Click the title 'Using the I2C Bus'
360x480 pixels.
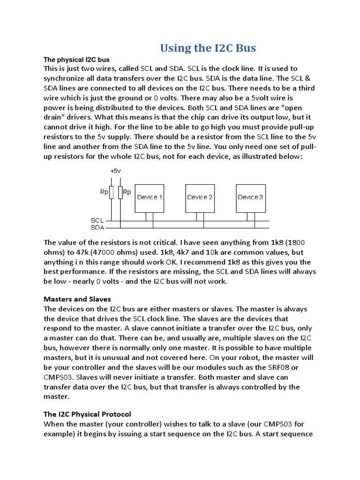tap(208, 48)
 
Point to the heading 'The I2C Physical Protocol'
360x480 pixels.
tap(87, 414)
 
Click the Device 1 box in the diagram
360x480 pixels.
tap(150, 197)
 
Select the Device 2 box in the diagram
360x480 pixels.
tap(200, 197)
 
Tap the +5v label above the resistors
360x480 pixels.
tap(115, 172)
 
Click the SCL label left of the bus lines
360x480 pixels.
tap(97, 220)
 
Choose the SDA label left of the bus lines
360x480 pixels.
tap(97, 227)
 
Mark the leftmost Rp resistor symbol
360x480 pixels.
tap(111, 192)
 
